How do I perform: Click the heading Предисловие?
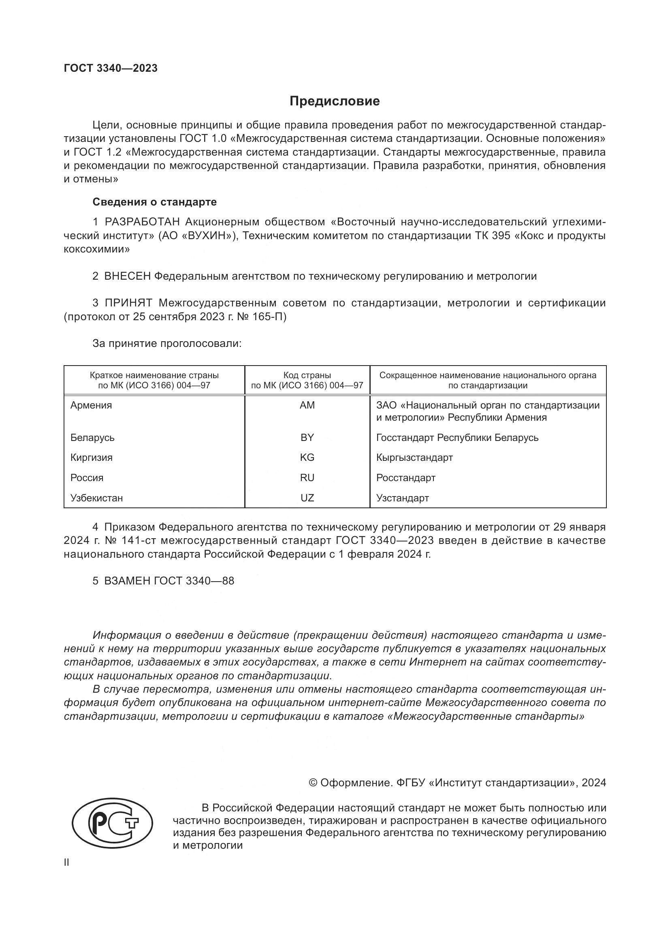[335, 101]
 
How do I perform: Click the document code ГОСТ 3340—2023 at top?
[111, 68]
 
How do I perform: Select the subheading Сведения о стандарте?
[154, 202]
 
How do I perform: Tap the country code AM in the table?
[307, 405]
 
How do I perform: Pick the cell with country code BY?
[307, 437]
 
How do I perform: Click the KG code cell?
[307, 458]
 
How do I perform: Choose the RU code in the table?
[307, 478]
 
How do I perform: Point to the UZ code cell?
[307, 498]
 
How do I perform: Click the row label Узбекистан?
[96, 498]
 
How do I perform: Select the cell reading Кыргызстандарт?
[414, 458]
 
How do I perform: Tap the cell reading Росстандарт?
[405, 478]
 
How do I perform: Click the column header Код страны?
[307, 375]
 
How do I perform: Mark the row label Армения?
[91, 405]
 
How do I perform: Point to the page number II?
[66, 862]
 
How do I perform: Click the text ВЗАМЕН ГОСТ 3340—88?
[169, 581]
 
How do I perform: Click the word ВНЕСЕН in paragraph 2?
[128, 276]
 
